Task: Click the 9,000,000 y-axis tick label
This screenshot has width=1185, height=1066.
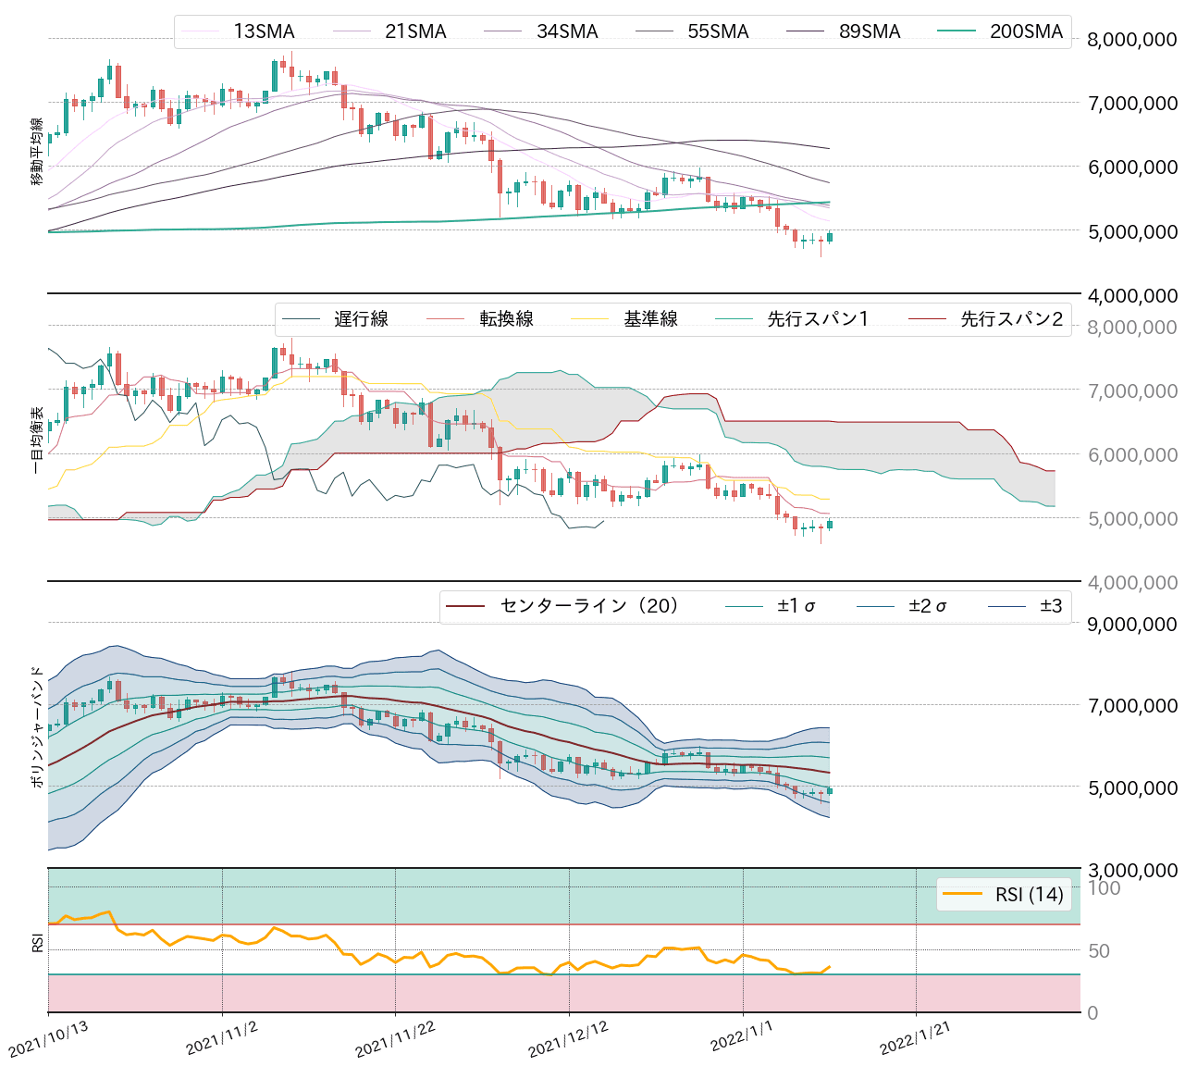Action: point(1132,624)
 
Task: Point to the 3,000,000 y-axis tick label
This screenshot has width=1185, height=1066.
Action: point(1132,870)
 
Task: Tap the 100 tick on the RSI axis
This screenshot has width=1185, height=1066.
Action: point(1104,888)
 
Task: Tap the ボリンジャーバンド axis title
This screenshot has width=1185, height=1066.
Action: point(38,726)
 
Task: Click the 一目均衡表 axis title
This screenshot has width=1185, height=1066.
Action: point(38,440)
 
